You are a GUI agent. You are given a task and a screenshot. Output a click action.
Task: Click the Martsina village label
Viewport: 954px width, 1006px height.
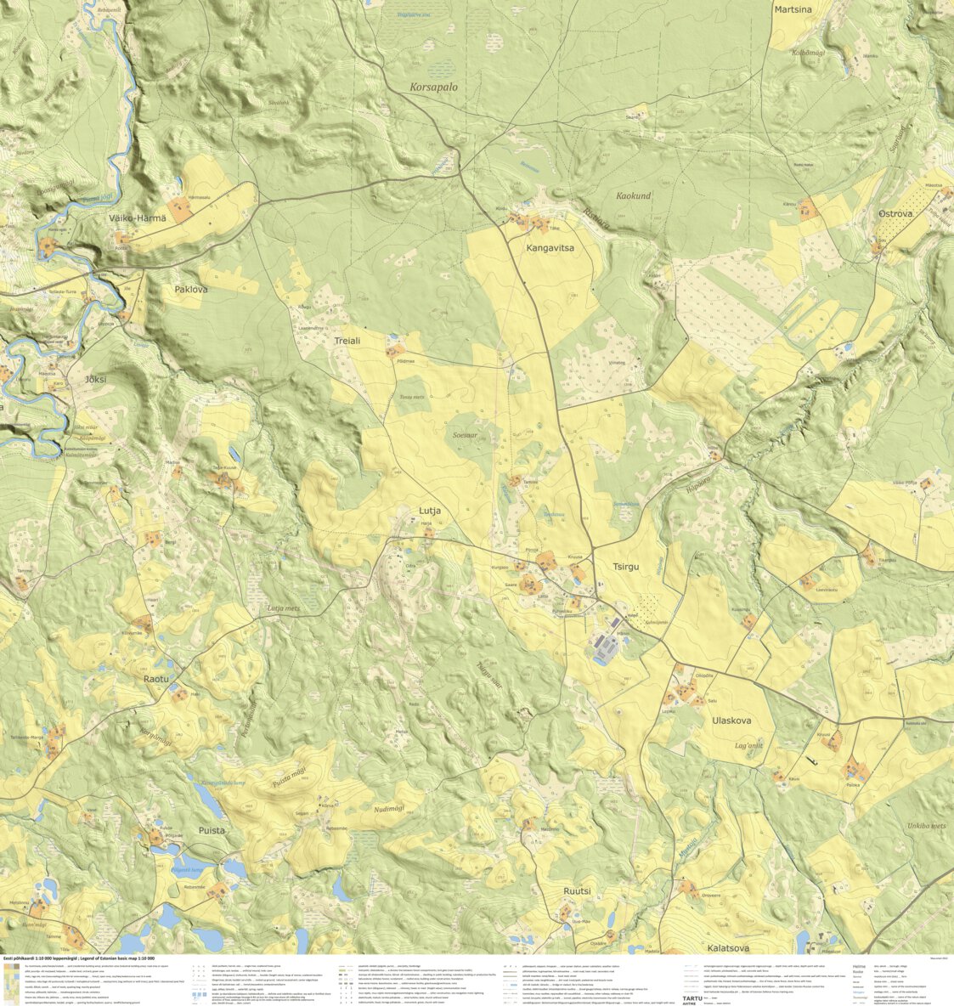(792, 9)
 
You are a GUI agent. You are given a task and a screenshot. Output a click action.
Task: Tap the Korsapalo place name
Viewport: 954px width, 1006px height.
(433, 88)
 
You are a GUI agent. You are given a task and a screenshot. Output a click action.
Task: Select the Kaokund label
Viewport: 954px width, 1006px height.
(633, 195)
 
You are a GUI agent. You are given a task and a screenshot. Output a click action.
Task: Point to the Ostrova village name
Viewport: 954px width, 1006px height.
(895, 214)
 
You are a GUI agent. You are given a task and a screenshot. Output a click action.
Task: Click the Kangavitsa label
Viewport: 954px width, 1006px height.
(550, 248)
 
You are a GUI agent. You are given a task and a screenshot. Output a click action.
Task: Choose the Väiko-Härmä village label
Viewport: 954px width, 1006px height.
(138, 218)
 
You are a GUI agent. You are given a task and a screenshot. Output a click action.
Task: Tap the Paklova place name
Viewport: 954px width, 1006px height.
(191, 290)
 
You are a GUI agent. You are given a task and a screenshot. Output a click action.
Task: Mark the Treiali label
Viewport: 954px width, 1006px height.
(347, 340)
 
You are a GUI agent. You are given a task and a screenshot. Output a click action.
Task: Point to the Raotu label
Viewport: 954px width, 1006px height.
(156, 680)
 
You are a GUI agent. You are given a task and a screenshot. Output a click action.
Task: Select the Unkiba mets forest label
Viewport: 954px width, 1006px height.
(926, 825)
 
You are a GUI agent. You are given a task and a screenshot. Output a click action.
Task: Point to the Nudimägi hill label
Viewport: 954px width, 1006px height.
(391, 811)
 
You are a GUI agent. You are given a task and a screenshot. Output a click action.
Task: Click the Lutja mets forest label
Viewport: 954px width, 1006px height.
(284, 608)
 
